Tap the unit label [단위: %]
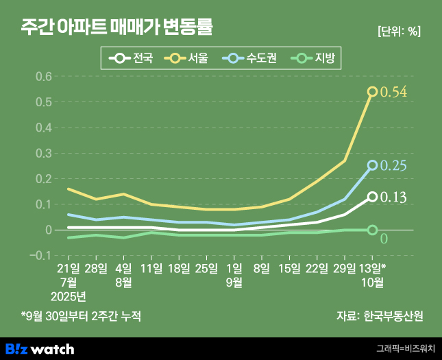coord(399,31)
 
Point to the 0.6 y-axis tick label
coord(44,76)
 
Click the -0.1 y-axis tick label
coord(42,255)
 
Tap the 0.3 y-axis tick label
coord(44,153)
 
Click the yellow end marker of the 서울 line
coord(372,91)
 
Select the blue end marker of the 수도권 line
coord(372,165)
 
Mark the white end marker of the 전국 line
coord(372,197)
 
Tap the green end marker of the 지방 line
coord(372,230)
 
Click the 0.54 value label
coord(394,92)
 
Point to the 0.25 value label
coord(394,166)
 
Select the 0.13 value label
coord(394,197)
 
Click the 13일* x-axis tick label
coord(372,268)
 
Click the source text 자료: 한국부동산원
coord(380,316)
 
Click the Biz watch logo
coord(40,348)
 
